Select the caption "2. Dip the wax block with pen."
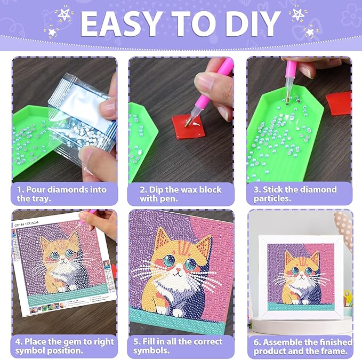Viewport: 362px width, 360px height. [x=181, y=194]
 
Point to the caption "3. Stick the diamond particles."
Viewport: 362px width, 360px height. [x=299, y=194]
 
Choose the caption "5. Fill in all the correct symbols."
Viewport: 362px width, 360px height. [x=181, y=346]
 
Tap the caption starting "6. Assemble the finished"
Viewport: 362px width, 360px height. [x=302, y=346]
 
